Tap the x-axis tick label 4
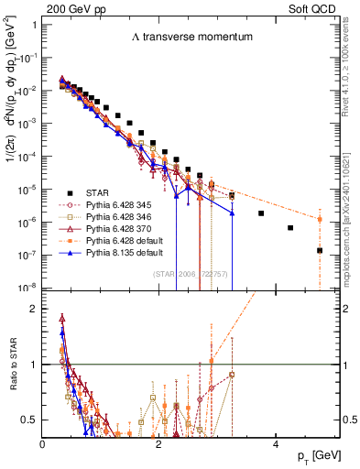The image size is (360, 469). click(x=276, y=443)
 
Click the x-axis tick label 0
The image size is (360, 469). click(x=44, y=443)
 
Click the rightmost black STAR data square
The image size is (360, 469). click(x=320, y=250)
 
